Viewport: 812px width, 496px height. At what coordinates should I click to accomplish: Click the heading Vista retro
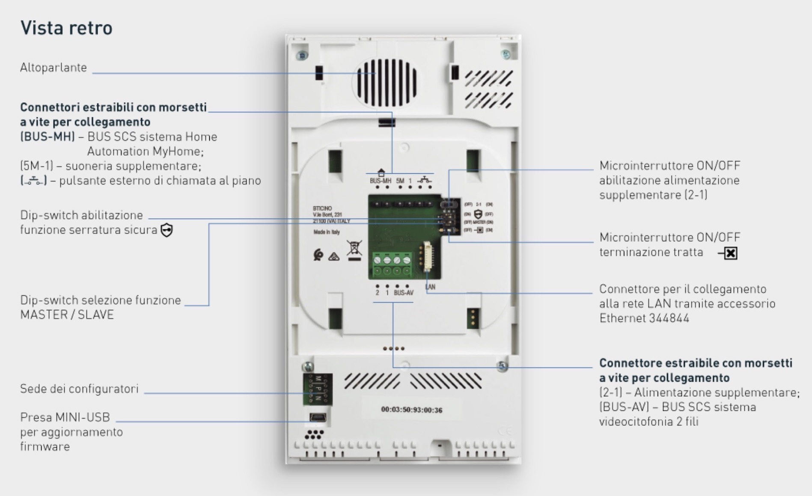coord(66,28)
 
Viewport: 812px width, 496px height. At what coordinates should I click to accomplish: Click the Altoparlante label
coord(54,68)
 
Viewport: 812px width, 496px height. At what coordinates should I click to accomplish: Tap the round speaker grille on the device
coord(384,83)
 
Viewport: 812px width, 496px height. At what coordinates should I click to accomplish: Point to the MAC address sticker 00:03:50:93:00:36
coord(412,410)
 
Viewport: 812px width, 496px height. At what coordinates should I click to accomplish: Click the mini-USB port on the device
coord(318,417)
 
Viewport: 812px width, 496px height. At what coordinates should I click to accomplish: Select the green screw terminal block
coord(392,265)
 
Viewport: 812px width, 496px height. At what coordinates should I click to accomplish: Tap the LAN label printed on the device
coord(431,287)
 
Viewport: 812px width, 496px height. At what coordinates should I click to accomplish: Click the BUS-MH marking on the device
coord(380,181)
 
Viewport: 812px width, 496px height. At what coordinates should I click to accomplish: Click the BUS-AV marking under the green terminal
coord(404,293)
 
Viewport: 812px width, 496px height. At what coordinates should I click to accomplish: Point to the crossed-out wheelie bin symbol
coord(354,249)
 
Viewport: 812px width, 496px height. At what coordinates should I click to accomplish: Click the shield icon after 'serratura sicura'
coord(167,230)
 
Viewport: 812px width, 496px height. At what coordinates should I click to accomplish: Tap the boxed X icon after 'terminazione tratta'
coord(731,253)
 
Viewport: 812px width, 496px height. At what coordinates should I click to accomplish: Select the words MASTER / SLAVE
coord(67,315)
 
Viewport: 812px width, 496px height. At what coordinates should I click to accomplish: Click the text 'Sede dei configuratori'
coord(79,389)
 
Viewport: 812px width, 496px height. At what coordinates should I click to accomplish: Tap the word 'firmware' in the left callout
coord(45,447)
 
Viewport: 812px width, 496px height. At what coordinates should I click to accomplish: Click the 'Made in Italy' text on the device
coord(327,232)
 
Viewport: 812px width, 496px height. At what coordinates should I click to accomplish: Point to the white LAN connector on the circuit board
coord(427,256)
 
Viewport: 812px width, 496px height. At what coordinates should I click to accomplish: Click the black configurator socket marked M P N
coord(318,389)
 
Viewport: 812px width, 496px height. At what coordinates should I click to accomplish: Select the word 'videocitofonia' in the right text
coord(636,422)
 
